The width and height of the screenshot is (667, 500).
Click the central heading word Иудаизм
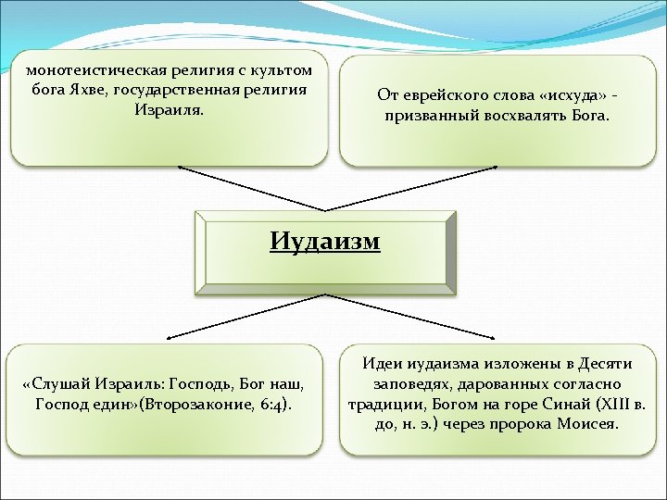pyautogui.click(x=325, y=242)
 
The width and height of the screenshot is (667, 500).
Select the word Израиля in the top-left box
pyautogui.click(x=168, y=109)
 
